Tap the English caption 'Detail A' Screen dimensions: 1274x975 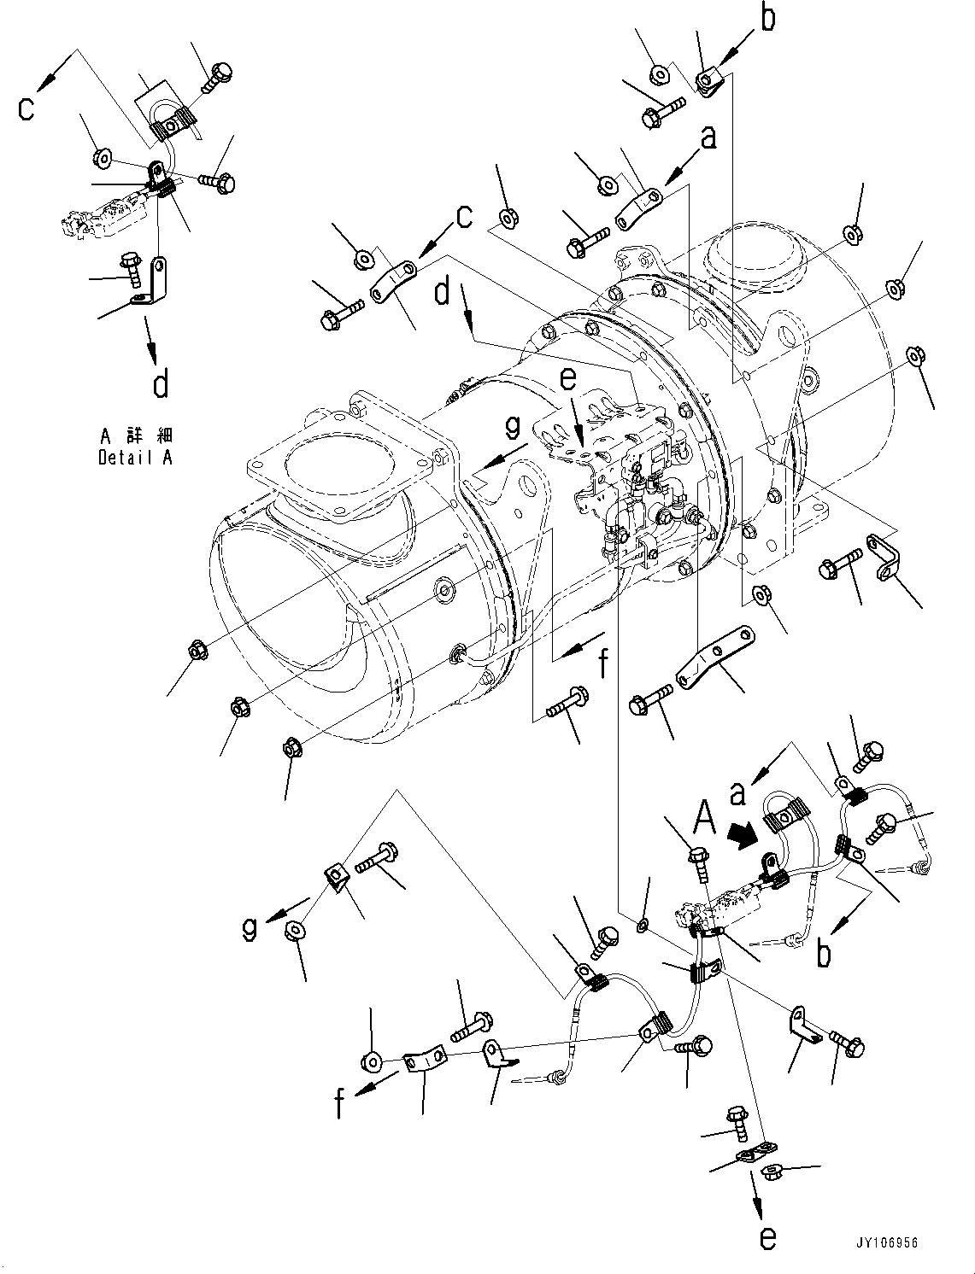[135, 458]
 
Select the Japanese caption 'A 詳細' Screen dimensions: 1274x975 [135, 433]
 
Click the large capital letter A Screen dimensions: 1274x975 [704, 817]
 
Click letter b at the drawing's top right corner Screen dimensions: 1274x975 [768, 19]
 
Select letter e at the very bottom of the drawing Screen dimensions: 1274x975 [767, 1236]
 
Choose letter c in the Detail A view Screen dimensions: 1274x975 [27, 108]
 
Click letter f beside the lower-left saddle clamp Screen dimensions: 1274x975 [340, 1103]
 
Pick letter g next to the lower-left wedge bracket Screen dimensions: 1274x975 [249, 928]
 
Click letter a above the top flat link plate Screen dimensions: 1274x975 [708, 136]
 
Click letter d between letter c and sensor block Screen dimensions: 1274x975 [442, 291]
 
